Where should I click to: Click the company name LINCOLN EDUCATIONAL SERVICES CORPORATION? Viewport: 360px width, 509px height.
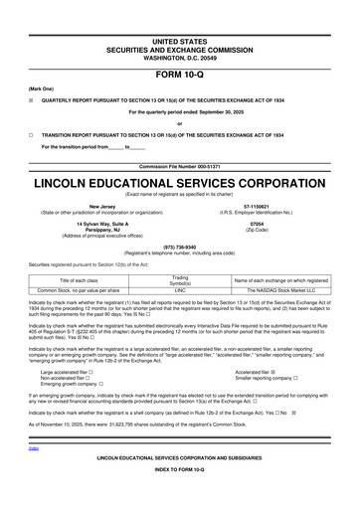179,185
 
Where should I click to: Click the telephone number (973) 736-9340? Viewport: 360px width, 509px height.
179,250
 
